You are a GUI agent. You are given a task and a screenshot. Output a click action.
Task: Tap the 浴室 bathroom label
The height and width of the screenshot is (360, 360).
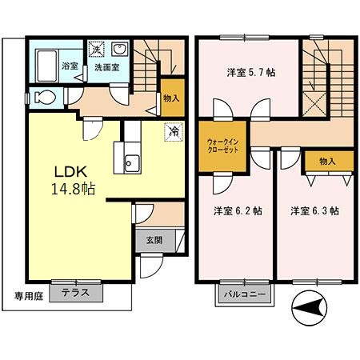(48, 68)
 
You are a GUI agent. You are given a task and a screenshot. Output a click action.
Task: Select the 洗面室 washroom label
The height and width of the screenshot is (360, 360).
(106, 68)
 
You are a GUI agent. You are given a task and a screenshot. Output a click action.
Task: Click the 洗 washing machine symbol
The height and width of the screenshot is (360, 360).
(95, 49)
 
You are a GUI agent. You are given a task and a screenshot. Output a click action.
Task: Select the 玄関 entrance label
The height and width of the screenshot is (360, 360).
(154, 238)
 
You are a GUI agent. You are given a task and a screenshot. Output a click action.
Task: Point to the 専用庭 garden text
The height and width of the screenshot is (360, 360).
(29, 294)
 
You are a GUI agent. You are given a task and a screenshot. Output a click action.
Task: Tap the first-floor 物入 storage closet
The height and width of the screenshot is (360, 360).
(171, 98)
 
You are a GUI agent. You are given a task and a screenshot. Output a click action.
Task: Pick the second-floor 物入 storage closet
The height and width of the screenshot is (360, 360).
(327, 162)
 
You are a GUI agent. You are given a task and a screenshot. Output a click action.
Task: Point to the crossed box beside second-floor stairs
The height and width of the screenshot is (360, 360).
(316, 104)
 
